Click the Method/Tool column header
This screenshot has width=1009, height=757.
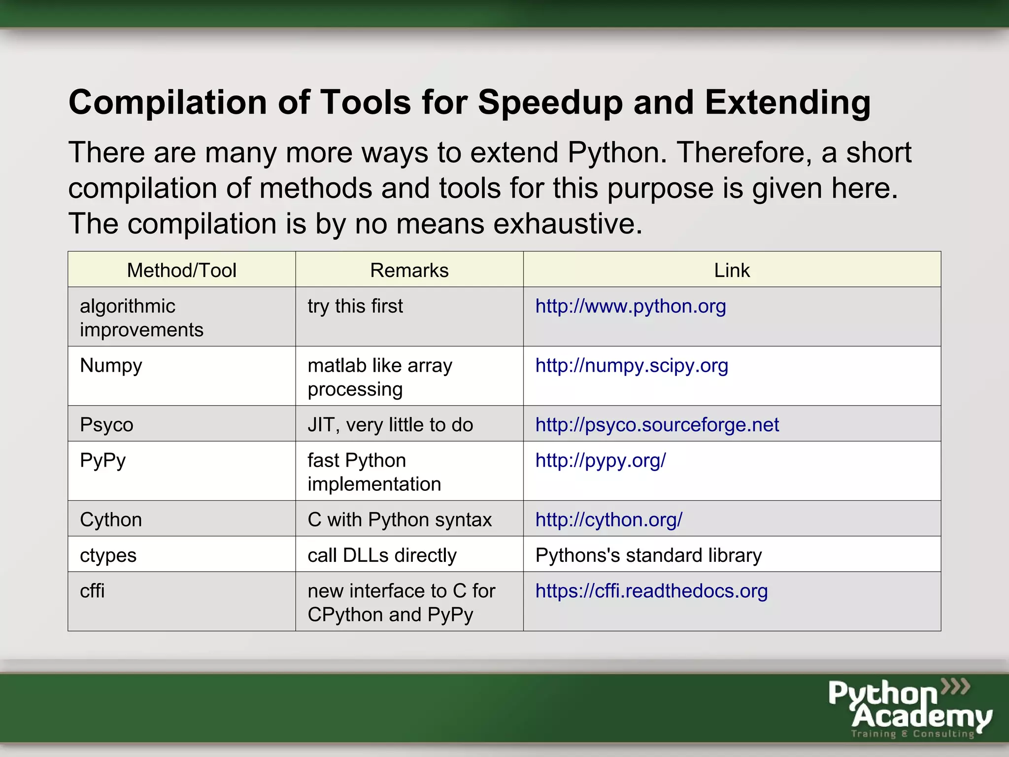(181, 270)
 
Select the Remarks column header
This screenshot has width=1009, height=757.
(409, 270)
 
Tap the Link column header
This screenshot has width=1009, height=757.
(732, 270)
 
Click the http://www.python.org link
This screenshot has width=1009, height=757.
(630, 306)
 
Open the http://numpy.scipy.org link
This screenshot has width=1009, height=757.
(631, 366)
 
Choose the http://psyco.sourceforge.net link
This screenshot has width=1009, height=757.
(657, 425)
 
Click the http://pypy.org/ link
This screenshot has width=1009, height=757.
(600, 460)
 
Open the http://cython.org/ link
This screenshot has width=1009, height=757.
(608, 519)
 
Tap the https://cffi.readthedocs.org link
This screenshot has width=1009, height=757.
(651, 591)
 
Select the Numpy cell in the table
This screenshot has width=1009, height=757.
(111, 366)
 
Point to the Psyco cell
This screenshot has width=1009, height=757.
(106, 425)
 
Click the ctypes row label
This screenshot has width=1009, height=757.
(108, 555)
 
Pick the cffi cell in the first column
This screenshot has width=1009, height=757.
(92, 591)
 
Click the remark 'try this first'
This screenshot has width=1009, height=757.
(355, 306)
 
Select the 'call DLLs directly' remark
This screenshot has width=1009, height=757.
(382, 555)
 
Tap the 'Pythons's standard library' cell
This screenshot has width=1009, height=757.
(648, 555)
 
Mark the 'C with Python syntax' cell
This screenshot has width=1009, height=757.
(400, 519)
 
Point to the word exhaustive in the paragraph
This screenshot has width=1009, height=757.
(568, 224)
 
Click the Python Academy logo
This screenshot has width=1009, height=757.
(909, 708)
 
